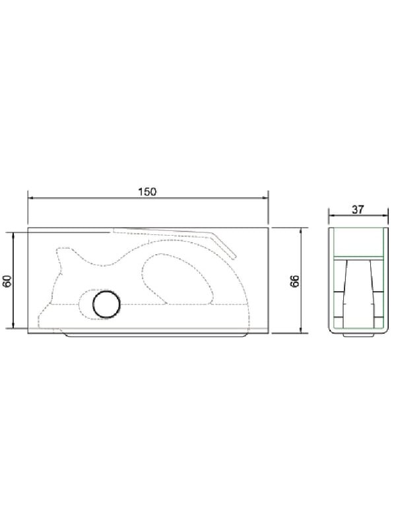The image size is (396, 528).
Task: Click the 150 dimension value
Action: click(147, 191)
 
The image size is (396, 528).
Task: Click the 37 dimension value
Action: click(358, 209)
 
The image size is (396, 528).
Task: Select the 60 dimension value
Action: click(8, 280)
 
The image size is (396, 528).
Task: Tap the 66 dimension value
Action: click(294, 280)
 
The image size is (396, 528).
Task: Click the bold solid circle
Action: click(106, 304)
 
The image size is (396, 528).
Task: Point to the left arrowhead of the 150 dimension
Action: click(31, 198)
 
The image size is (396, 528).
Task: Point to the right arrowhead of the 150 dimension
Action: click(265, 198)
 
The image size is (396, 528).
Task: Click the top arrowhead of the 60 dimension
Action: click(13, 235)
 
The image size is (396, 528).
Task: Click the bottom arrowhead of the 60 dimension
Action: click(13, 325)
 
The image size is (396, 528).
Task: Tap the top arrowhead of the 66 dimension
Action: click(302, 231)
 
